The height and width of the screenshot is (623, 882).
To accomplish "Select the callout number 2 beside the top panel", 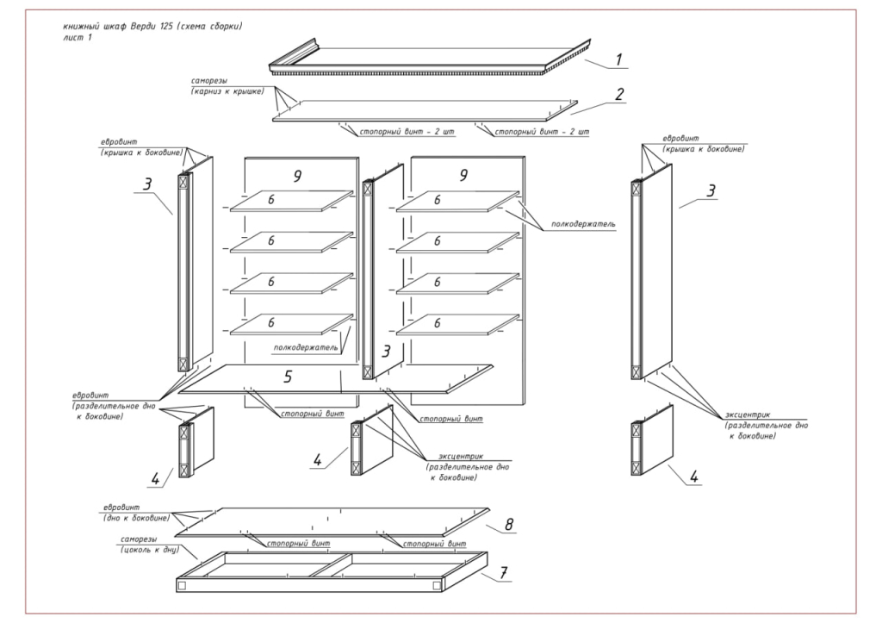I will coord(618,95).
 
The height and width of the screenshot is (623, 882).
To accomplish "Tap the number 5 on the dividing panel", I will coord(289,376).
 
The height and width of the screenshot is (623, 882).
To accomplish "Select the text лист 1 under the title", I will coord(78,38).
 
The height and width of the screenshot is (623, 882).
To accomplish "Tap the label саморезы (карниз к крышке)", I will coord(220,86).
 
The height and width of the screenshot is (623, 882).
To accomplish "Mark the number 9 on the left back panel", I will coord(296,176).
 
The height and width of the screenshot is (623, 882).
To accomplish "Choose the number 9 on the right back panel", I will coord(463,176).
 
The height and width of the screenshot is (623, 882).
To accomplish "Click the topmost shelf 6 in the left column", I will coord(270,200).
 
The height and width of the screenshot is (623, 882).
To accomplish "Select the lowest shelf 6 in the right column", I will coord(438,323).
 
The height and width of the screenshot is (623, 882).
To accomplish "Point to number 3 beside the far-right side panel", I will coord(711,190).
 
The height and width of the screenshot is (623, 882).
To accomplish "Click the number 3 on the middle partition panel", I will coord(387,351).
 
